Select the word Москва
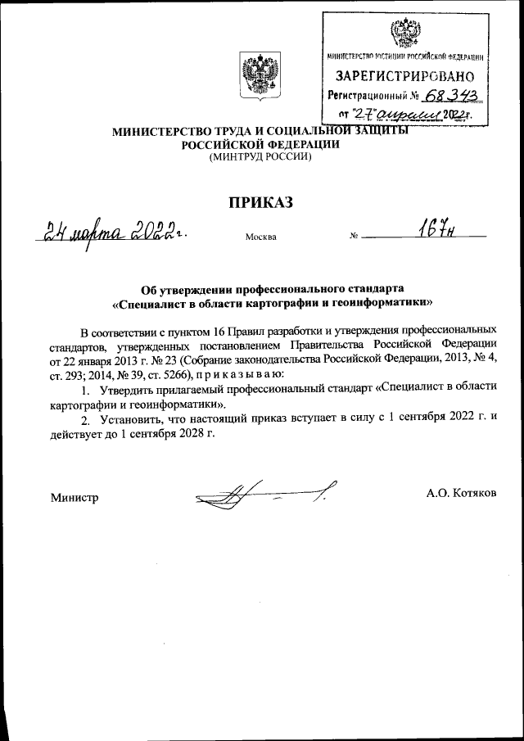[260, 237]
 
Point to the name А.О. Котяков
[462, 493]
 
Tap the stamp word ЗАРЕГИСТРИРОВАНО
[403, 77]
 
